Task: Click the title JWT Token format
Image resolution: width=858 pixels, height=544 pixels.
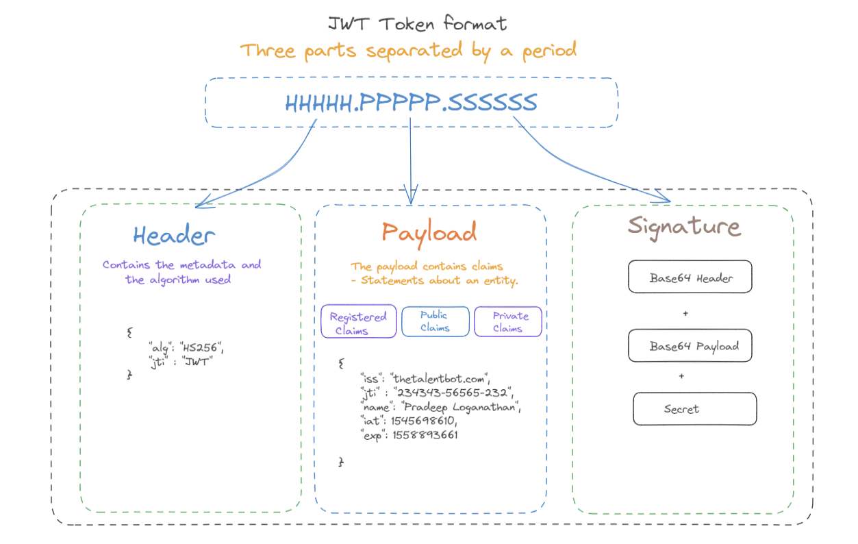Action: pos(418,24)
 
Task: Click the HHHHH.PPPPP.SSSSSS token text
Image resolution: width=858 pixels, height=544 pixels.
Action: pos(411,103)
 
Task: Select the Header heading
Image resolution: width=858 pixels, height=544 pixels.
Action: pos(174,236)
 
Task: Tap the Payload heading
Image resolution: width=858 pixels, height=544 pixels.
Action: pos(429,232)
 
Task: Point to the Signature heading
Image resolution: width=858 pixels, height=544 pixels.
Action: pos(684,227)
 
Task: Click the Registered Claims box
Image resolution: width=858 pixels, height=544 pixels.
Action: pos(358,322)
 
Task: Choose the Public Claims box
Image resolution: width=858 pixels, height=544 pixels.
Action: pos(435,321)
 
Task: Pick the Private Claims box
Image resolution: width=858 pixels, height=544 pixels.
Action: pos(508,321)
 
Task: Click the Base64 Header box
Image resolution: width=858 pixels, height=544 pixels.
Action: pos(690,278)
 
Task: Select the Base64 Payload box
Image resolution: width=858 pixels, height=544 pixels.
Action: pos(690,346)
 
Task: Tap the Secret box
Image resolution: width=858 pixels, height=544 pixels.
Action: pos(694,409)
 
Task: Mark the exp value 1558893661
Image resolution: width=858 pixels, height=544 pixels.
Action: pos(425,435)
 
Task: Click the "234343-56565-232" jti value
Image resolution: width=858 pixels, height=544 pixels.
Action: pos(453,393)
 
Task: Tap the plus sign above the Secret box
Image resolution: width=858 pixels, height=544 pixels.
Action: pos(681,376)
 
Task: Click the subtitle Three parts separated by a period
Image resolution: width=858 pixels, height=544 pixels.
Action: pos(408,51)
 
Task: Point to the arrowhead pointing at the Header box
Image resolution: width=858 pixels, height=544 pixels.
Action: pos(199,203)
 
